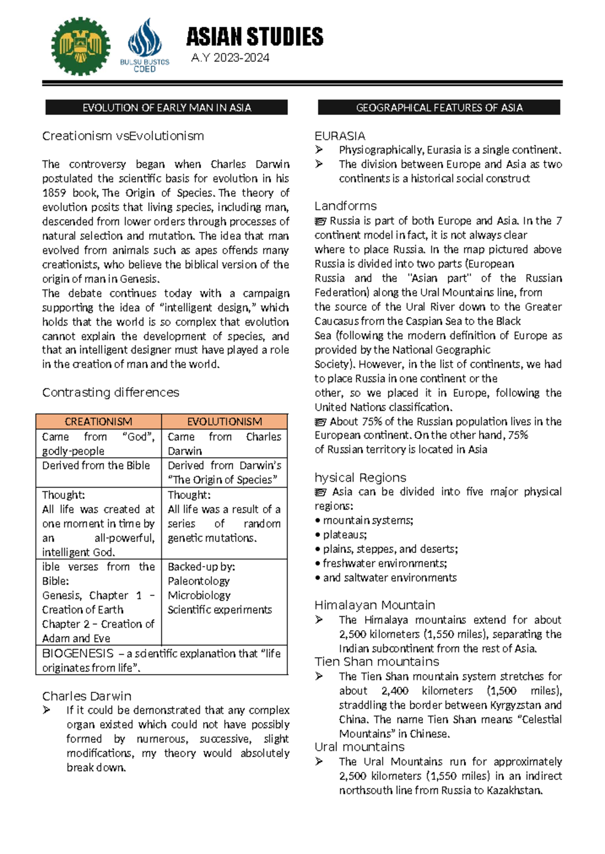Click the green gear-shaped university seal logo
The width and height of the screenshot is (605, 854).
point(81,46)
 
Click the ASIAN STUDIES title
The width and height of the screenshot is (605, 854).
point(255,37)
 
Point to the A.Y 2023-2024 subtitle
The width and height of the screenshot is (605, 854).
point(230,58)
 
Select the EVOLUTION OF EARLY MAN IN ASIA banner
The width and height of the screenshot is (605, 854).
point(166,107)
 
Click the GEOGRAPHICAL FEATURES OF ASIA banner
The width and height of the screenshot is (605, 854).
point(439,107)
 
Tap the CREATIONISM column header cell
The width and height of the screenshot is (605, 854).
point(98,421)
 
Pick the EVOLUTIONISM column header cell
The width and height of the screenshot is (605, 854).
point(224,421)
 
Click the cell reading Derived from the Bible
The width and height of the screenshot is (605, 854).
point(96,465)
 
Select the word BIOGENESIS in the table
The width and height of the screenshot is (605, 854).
point(78,653)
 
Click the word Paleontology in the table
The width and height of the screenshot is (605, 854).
point(199,581)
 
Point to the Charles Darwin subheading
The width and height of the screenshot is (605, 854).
point(87,696)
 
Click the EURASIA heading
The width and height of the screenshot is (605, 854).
point(340,136)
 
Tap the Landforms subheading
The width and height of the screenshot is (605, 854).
point(345,206)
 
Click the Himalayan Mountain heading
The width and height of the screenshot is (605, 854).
point(375,605)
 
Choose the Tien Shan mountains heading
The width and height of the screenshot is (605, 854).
point(377,661)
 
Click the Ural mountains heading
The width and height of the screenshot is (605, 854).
point(359,747)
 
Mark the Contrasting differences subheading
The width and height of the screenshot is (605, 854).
point(110,392)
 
